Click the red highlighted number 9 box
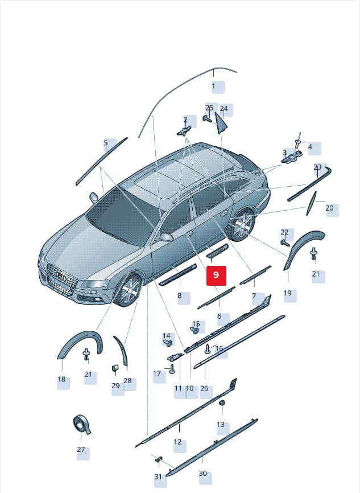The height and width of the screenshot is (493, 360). tap(216, 276)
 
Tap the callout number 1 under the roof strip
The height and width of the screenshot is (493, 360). tap(214, 86)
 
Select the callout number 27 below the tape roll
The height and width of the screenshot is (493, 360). tap(81, 450)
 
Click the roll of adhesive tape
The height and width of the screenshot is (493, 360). tap(82, 424)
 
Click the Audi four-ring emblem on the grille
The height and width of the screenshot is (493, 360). tap(60, 276)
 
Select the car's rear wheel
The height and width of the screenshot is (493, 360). tap(242, 224)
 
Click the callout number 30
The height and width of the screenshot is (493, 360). tap(203, 473)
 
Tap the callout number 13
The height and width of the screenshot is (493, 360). tap(221, 425)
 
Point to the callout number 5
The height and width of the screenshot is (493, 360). tap(106, 143)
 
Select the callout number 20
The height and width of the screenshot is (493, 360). tap(329, 208)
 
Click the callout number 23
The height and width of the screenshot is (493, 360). tap(317, 167)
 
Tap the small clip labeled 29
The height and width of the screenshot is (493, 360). tap(115, 368)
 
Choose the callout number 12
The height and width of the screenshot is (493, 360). tap(177, 442)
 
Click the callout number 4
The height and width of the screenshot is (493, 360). tap(310, 147)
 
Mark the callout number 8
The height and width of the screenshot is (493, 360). tap(179, 295)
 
